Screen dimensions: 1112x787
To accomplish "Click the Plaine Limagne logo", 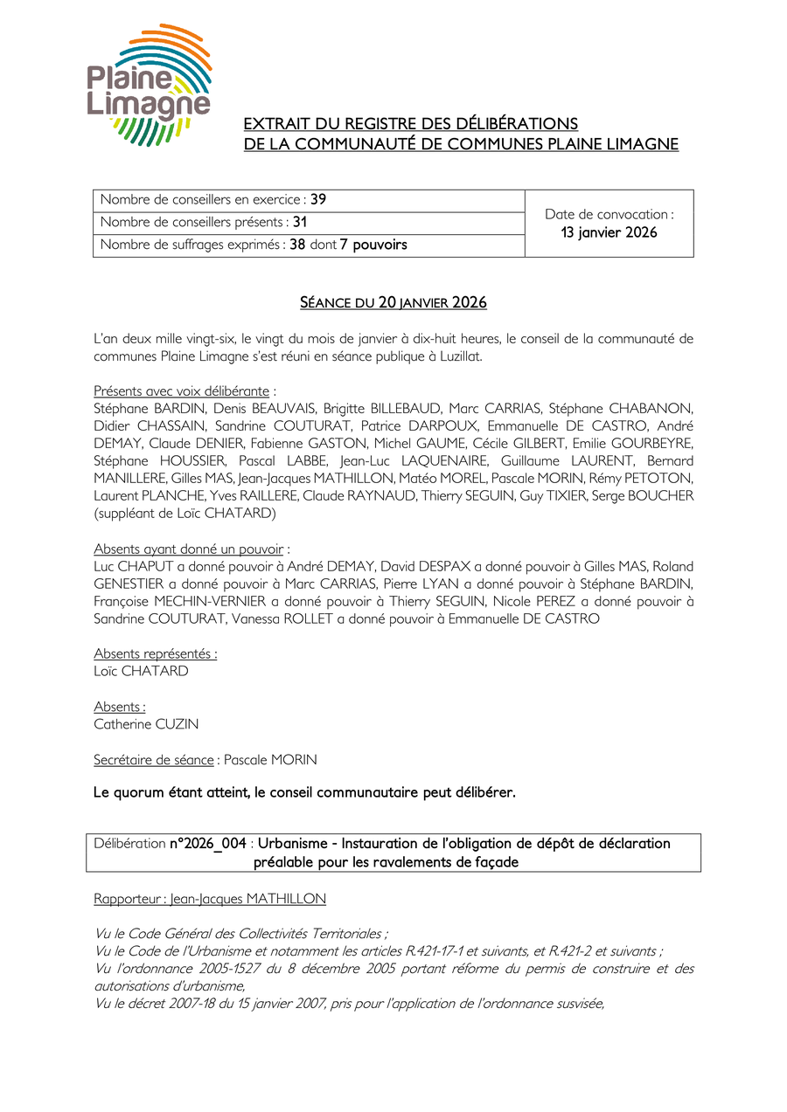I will click(x=149, y=84).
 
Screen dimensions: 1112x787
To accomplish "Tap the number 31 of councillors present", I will click(x=300, y=222).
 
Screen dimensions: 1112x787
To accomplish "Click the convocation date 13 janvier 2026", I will click(x=609, y=232).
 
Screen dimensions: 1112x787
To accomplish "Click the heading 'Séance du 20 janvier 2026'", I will click(x=393, y=303).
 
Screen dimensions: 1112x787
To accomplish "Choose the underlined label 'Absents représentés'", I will click(x=154, y=653).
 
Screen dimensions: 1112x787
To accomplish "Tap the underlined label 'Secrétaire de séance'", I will click(x=153, y=760).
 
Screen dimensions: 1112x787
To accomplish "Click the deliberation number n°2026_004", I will click(x=207, y=844).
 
